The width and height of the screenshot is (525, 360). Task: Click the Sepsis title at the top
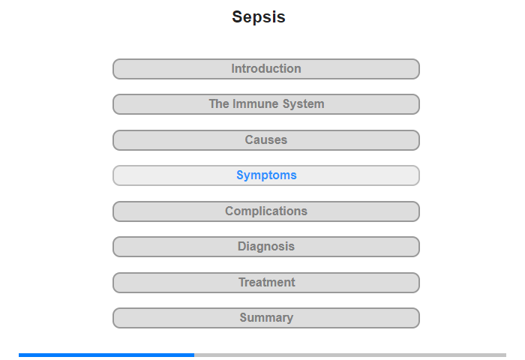point(259,17)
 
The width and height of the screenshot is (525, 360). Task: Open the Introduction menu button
point(266,69)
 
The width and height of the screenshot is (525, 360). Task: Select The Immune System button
point(266,104)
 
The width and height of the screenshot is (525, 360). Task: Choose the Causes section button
point(266,140)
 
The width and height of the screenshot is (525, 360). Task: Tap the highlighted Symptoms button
point(266,175)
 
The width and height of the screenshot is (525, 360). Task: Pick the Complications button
point(266,211)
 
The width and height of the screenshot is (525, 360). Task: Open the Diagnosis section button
point(266,247)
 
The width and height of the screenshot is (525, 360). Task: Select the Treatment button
point(266,283)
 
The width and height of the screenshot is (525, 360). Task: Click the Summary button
point(266,318)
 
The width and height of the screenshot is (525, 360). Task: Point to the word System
point(303,104)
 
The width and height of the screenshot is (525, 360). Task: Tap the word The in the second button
point(219,103)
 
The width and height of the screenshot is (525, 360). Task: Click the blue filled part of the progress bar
point(106,355)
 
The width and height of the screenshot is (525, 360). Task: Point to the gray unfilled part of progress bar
point(350,355)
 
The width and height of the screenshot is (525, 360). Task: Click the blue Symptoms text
point(266,175)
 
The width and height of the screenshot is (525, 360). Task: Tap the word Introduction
point(266,69)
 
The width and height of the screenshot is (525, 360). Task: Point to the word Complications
point(266,211)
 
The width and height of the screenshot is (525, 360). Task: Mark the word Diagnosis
point(266,247)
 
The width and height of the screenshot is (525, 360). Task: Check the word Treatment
point(267,282)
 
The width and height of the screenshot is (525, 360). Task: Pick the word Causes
point(266,139)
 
